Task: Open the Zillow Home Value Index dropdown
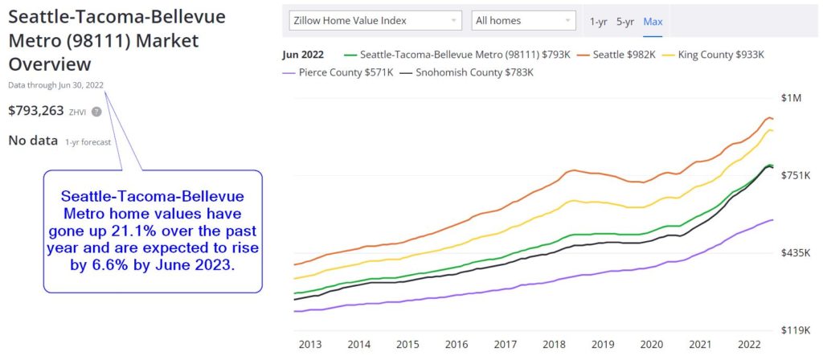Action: click(x=374, y=20)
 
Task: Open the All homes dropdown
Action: click(x=523, y=20)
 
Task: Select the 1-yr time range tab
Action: click(x=598, y=21)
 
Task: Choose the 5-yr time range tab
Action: click(x=625, y=21)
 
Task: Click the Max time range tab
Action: click(x=653, y=21)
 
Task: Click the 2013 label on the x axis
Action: click(x=309, y=344)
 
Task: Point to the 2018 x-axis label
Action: click(x=553, y=344)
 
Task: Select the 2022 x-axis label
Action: click(x=748, y=344)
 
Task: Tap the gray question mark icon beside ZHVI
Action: click(x=96, y=112)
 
